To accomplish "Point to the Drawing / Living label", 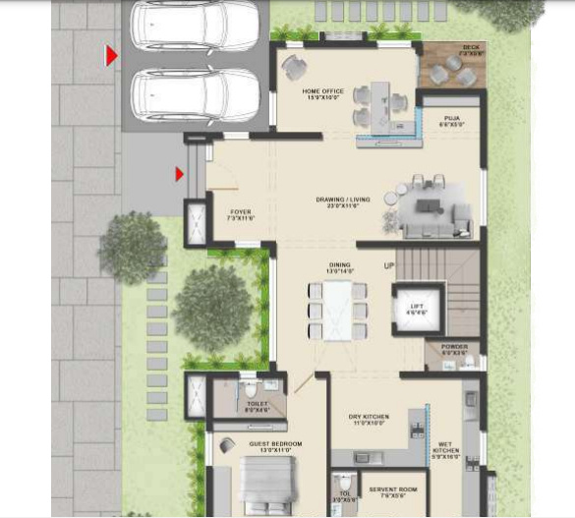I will pyautogui.click(x=343, y=201).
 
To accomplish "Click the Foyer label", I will pyautogui.click(x=241, y=213).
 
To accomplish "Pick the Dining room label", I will pyautogui.click(x=339, y=266).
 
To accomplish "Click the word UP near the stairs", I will pyautogui.click(x=389, y=266).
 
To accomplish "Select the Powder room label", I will pyautogui.click(x=453, y=349).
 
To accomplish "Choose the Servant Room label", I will pyautogui.click(x=393, y=490).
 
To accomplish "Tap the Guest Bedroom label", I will pyautogui.click(x=275, y=446).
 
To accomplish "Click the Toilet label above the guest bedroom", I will pyautogui.click(x=257, y=406).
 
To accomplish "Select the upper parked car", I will pyautogui.click(x=195, y=24).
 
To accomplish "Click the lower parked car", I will pyautogui.click(x=195, y=95).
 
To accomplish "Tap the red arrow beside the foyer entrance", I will pyautogui.click(x=180, y=174).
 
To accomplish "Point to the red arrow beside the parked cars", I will pyautogui.click(x=112, y=56).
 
